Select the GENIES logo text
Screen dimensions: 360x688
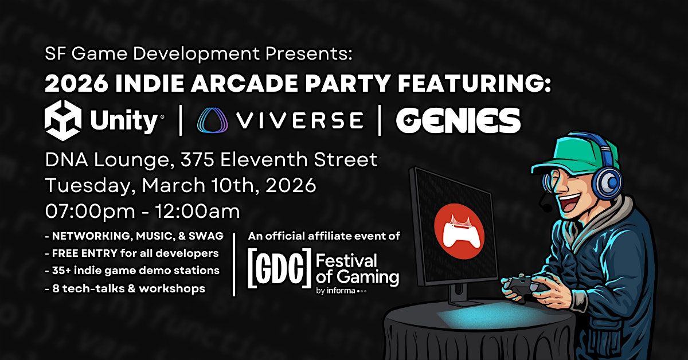point(458,120)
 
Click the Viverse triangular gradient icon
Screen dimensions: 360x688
point(213,120)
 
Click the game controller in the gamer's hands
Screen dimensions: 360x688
point(525,285)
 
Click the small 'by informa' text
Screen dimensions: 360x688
point(335,291)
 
